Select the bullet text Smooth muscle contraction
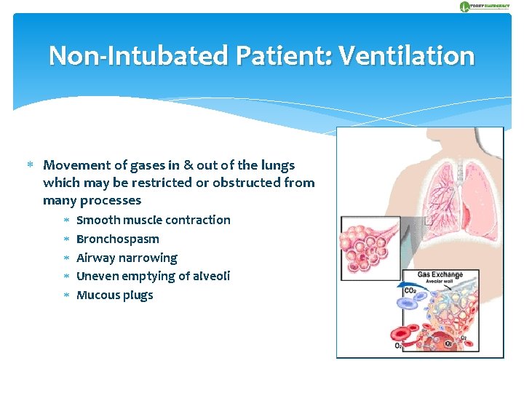coord(153,220)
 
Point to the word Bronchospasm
coord(117,239)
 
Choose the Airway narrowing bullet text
coord(127,258)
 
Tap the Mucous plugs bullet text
coord(114,295)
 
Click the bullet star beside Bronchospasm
coord(65,239)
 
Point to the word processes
coord(111,200)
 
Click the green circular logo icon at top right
coord(465,7)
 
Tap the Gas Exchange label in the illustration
coord(440,274)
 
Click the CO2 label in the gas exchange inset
coord(410,291)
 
